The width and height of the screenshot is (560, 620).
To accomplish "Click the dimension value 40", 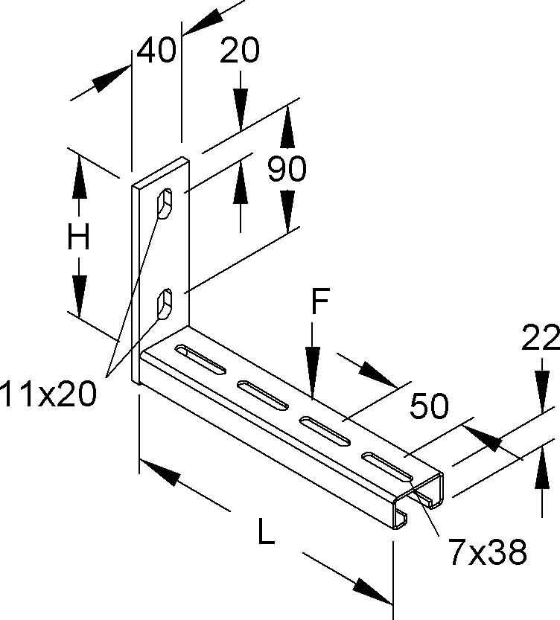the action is pyautogui.click(x=156, y=50).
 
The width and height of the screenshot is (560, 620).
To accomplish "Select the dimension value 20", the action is pyautogui.click(x=240, y=50).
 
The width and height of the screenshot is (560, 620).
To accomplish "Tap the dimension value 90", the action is pyautogui.click(x=287, y=168).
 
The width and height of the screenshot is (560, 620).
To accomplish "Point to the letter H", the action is pyautogui.click(x=78, y=236).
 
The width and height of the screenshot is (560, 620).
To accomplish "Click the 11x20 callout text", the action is pyautogui.click(x=48, y=394).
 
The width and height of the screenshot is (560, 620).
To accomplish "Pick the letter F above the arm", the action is pyautogui.click(x=319, y=301).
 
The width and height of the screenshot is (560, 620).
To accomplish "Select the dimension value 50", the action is pyautogui.click(x=429, y=406).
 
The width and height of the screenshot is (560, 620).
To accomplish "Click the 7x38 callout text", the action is pyautogui.click(x=487, y=552).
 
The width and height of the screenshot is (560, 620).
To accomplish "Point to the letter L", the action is pyautogui.click(x=266, y=531).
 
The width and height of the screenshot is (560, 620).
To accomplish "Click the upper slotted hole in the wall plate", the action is pyautogui.click(x=165, y=203).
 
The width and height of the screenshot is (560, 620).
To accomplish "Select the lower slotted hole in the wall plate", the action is pyautogui.click(x=165, y=304).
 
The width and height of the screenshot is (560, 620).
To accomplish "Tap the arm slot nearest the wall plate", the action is pyautogui.click(x=200, y=359).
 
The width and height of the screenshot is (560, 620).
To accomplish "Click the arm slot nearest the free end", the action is pyautogui.click(x=387, y=467).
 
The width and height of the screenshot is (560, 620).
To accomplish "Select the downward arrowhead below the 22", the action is pyautogui.click(x=542, y=389).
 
